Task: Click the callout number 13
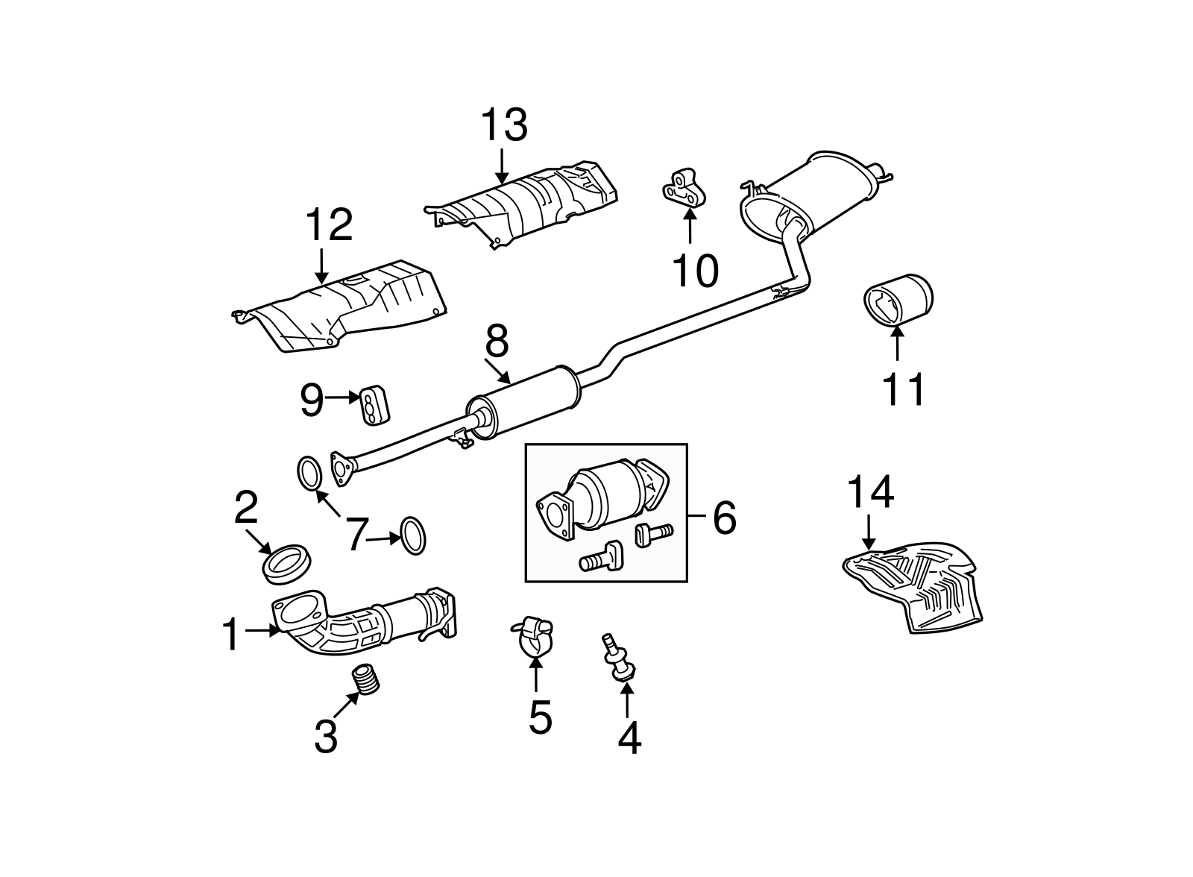pos(504,125)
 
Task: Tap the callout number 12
pos(329,225)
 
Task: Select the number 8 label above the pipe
pos(497,341)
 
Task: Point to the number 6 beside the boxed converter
pos(724,517)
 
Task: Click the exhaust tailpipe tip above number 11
pos(898,301)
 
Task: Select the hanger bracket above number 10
pos(684,188)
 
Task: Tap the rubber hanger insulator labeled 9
pos(376,406)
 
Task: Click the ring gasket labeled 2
pos(288,565)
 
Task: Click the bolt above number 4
pos(618,658)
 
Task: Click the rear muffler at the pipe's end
pos(815,198)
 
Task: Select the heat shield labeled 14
pos(913,588)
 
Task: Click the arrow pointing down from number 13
pos(501,167)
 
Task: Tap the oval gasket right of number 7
pos(413,535)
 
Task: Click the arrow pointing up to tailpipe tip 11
pos(898,344)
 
